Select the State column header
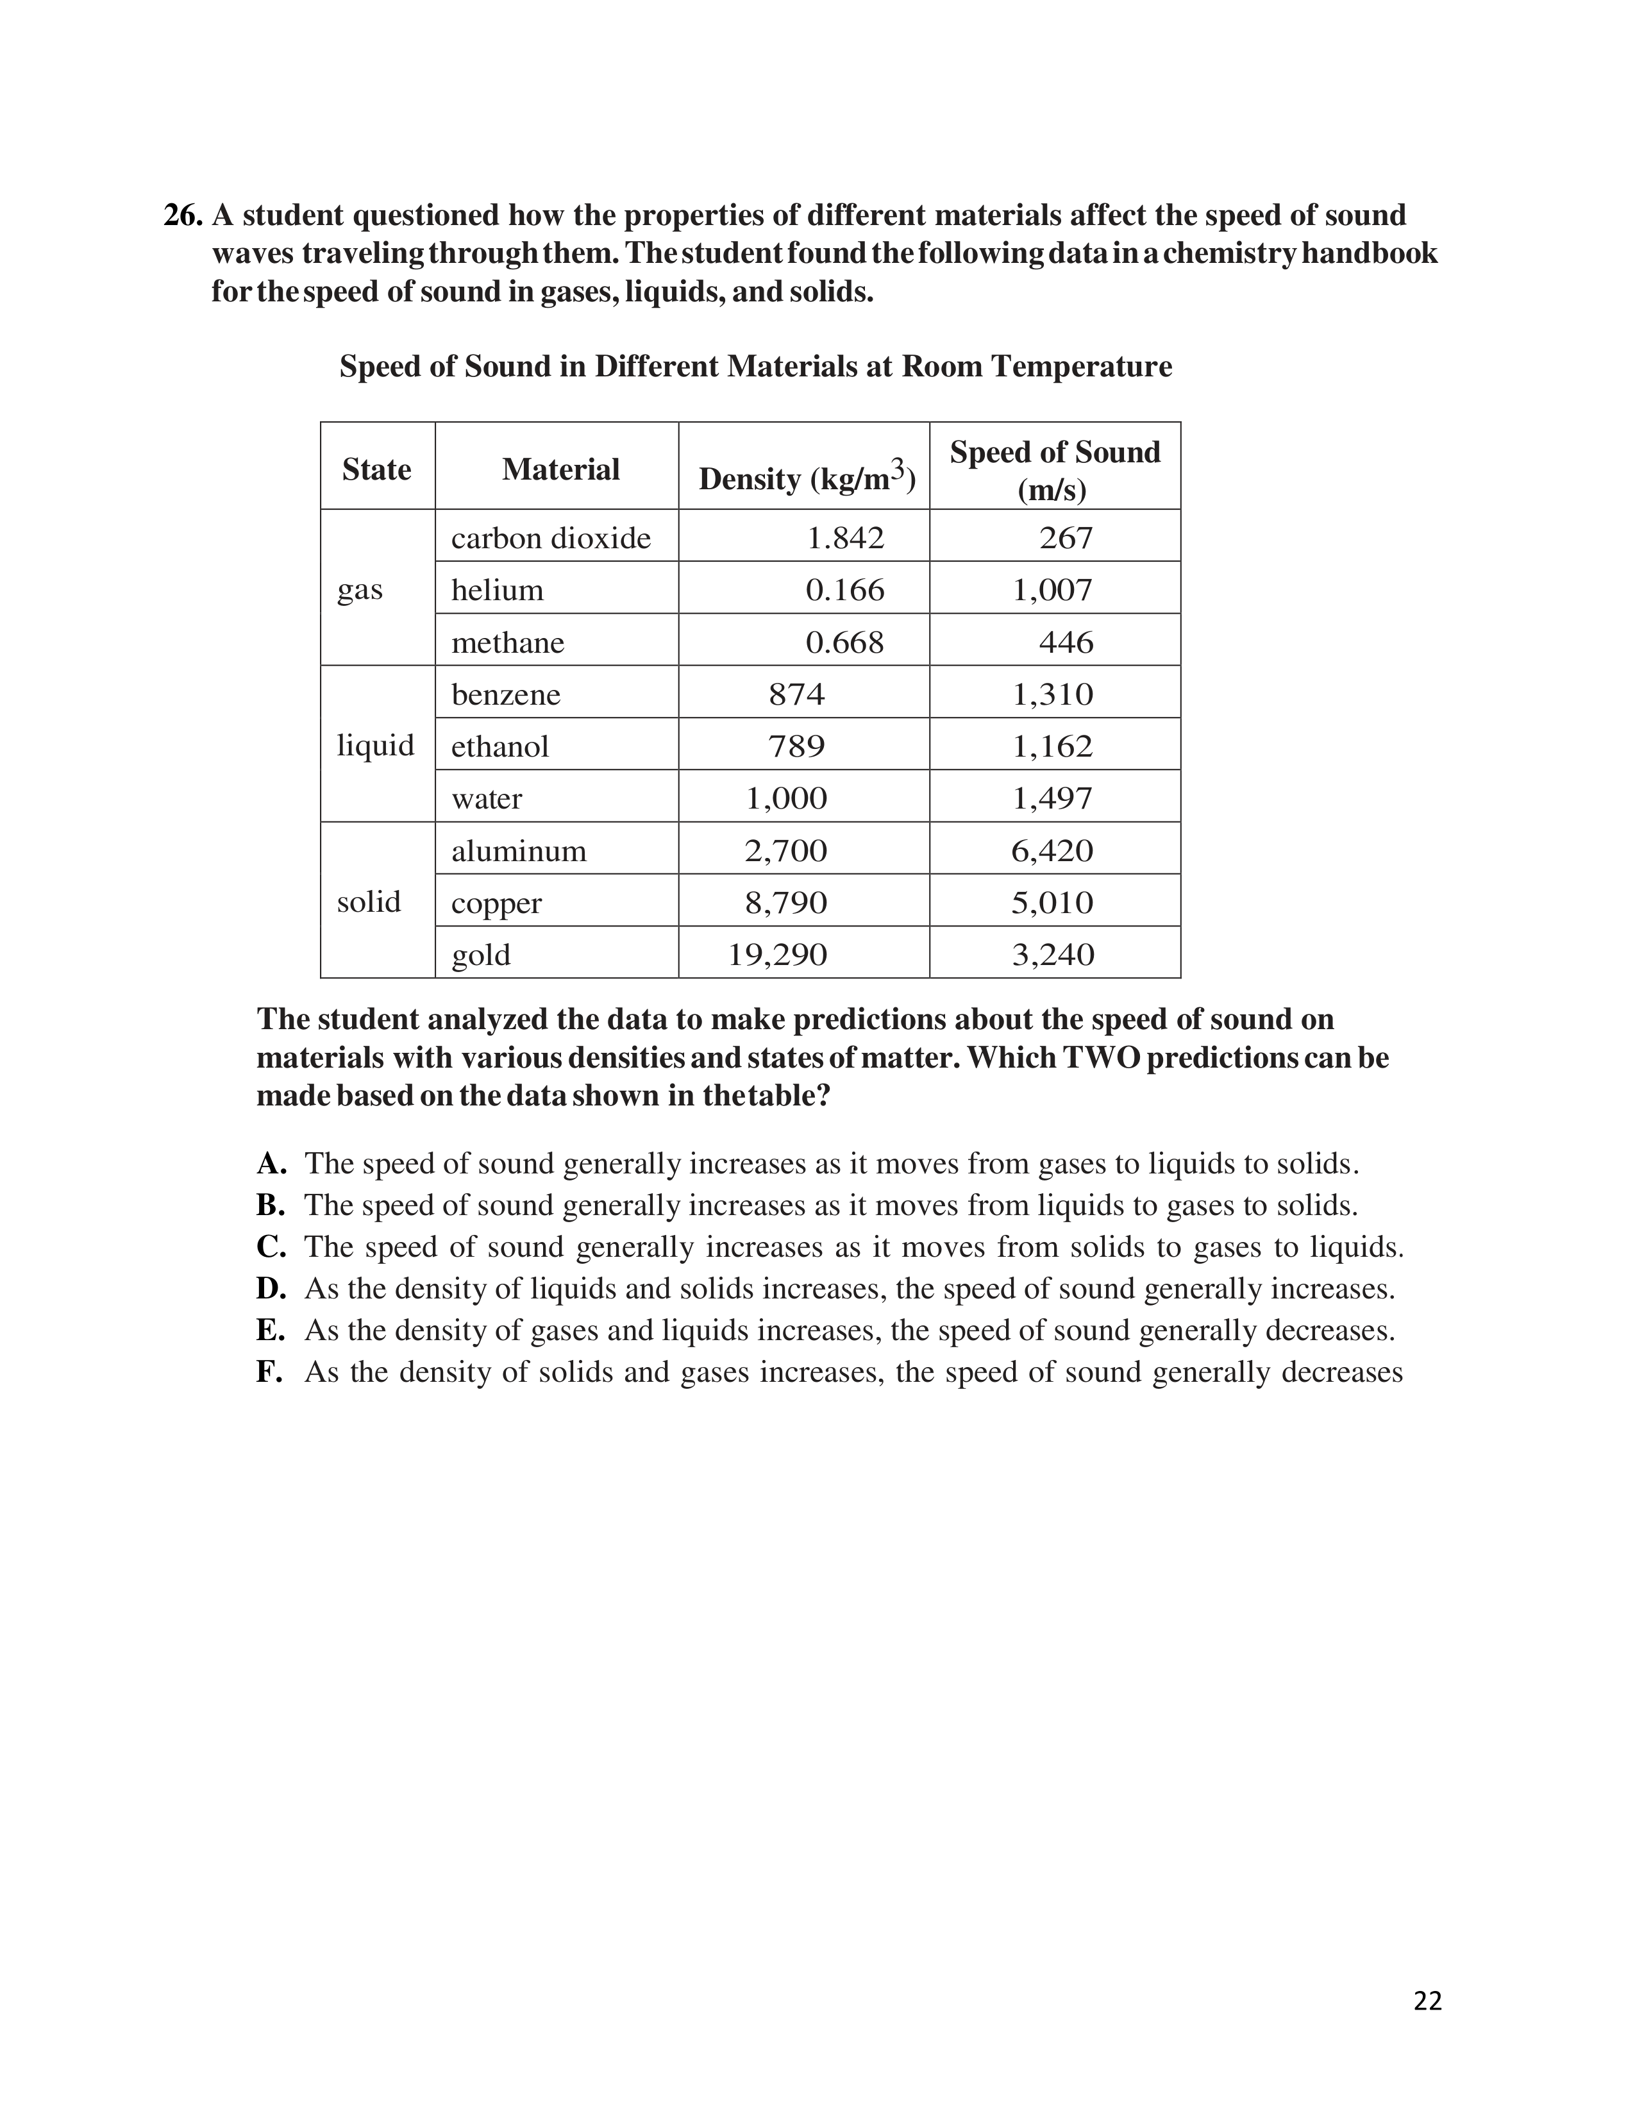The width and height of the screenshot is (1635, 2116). [377, 470]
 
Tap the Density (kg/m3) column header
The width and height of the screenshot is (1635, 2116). [807, 478]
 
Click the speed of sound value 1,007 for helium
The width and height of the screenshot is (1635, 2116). [1053, 590]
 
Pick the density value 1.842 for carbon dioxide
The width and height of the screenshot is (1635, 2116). [846, 538]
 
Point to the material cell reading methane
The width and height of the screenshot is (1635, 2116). [508, 642]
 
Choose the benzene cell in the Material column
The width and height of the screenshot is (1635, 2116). [506, 694]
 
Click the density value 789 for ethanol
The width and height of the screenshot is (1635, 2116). [796, 746]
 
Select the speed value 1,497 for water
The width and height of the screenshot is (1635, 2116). [1053, 798]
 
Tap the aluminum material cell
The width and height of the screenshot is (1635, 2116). [519, 851]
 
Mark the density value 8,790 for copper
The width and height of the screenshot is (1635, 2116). [785, 903]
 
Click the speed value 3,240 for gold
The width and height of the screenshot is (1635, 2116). [1053, 955]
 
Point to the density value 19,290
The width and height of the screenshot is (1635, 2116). [778, 955]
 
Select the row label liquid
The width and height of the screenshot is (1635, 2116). [376, 745]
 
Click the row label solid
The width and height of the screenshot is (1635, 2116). [369, 902]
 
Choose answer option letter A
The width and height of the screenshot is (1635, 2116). [271, 1164]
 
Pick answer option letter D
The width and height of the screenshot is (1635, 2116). [271, 1289]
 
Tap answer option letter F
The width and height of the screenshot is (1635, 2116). [270, 1372]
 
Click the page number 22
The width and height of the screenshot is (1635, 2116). [1428, 2001]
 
